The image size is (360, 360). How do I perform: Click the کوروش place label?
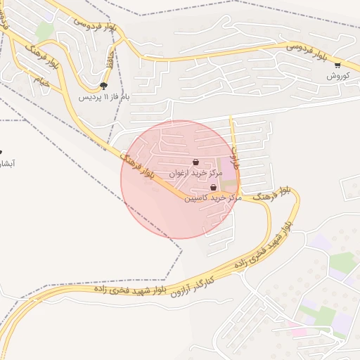[x=337, y=75]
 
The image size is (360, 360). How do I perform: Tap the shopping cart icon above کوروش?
[x=337, y=65]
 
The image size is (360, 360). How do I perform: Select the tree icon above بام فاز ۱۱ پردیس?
[x=104, y=85]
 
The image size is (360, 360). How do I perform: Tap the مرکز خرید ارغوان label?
[x=195, y=172]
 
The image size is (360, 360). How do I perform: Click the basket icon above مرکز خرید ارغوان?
[x=195, y=162]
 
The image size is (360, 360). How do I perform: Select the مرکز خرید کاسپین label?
[x=213, y=198]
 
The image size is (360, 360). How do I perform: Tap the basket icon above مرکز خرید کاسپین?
[x=213, y=188]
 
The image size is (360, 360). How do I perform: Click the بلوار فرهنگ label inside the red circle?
[x=139, y=166]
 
